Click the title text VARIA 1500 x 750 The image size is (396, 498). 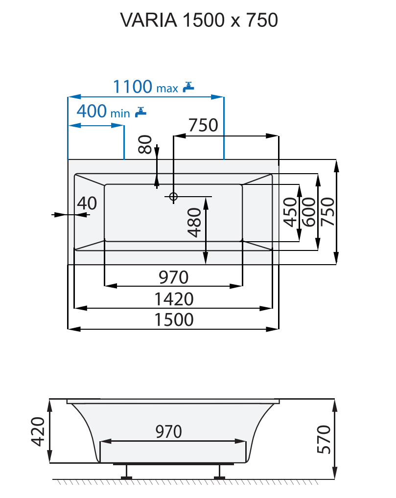[x=199, y=21]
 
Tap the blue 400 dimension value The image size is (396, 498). [x=92, y=112]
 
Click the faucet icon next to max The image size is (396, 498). [x=188, y=87]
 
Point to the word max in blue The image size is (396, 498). [x=167, y=89]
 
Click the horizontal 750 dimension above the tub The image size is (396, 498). [x=203, y=125]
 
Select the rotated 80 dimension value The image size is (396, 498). [x=145, y=145]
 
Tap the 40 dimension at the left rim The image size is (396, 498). [x=87, y=203]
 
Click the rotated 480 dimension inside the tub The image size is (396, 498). [x=195, y=223]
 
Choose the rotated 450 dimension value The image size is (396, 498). [x=290, y=212]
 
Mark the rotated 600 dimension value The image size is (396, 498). [x=308, y=212]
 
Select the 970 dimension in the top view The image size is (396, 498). [x=173, y=277]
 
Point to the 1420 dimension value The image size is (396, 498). [x=173, y=298]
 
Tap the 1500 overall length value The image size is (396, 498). [x=173, y=319]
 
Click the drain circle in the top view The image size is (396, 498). [x=173, y=197]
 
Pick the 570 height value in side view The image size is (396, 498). [x=324, y=439]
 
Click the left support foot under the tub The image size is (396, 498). [x=127, y=472]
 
